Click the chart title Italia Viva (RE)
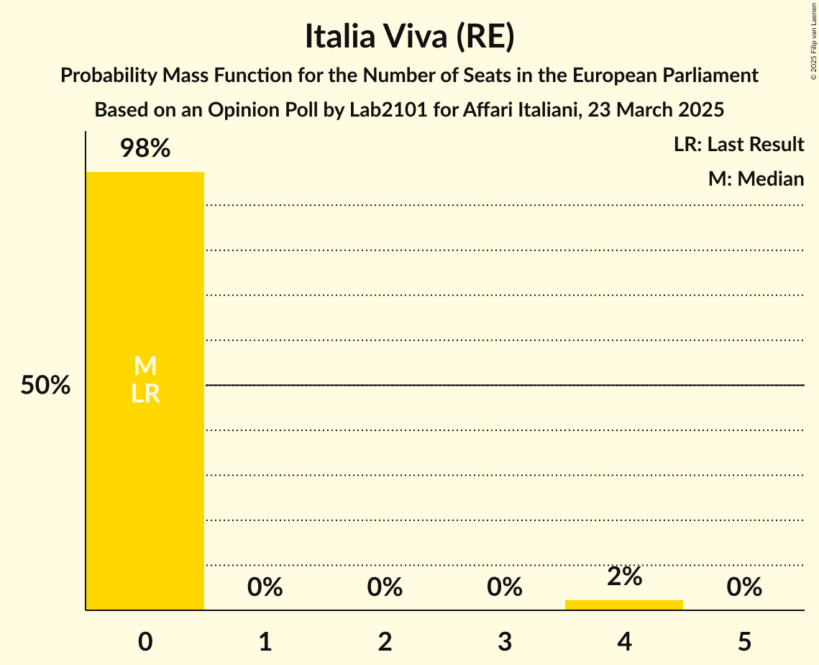click(x=409, y=37)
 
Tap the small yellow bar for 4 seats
click(x=624, y=605)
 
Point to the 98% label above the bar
click(x=145, y=149)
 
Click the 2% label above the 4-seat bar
click(x=624, y=576)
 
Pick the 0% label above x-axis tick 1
click(x=265, y=587)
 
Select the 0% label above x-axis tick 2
click(x=385, y=587)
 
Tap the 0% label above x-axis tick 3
click(x=505, y=587)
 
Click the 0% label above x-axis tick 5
click(x=744, y=587)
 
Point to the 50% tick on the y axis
click(x=45, y=386)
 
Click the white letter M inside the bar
click(x=145, y=366)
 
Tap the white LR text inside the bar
click(x=145, y=394)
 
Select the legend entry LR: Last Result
click(x=738, y=145)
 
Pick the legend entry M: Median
click(x=756, y=178)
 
